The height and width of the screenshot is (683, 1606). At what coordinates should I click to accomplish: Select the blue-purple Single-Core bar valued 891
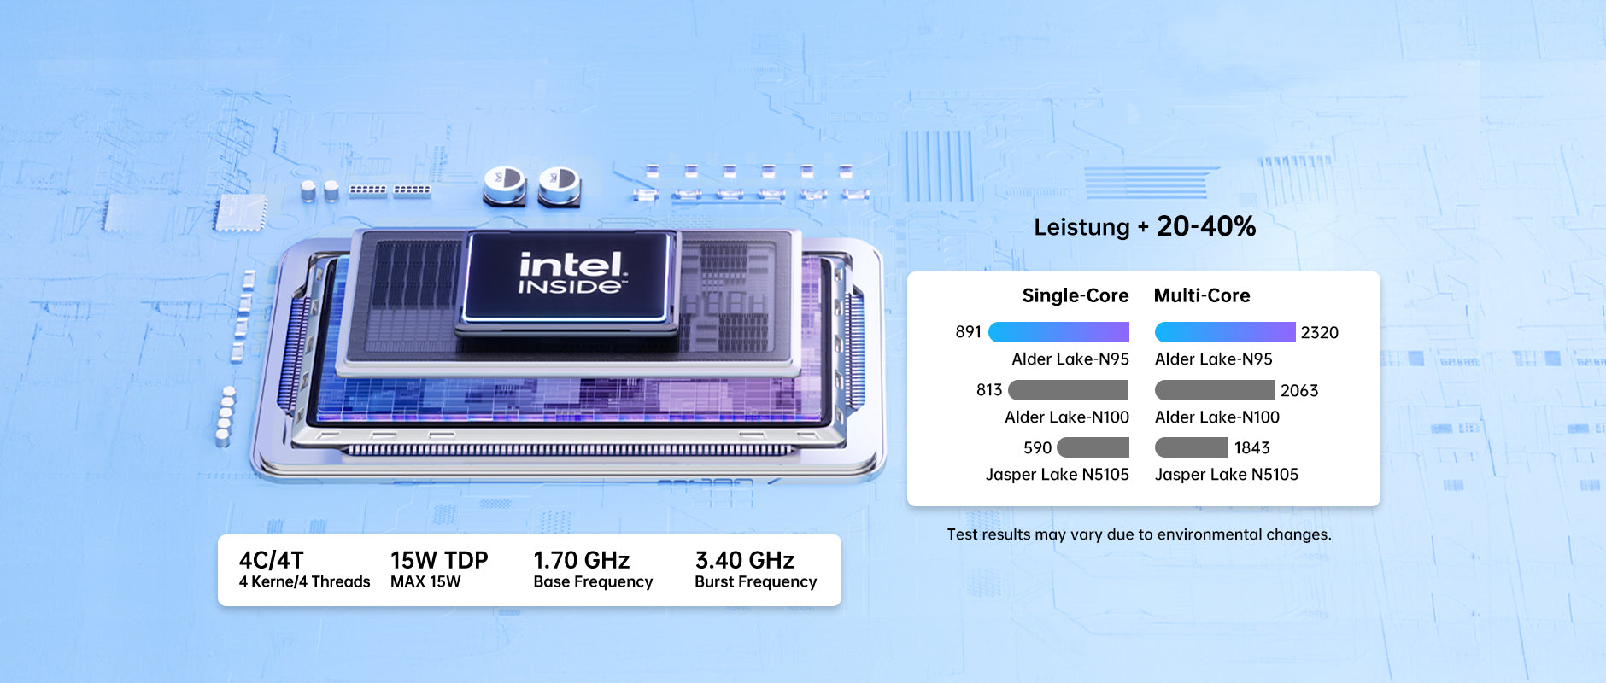pyautogui.click(x=1058, y=332)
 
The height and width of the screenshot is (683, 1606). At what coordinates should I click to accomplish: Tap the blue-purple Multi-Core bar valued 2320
pyautogui.click(x=1225, y=332)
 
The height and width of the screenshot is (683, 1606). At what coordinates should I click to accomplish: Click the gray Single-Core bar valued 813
pyautogui.click(x=1069, y=390)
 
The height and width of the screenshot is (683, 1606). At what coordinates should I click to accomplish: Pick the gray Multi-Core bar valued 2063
pyautogui.click(x=1215, y=390)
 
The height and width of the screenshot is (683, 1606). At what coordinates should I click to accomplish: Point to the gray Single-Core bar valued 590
pyautogui.click(x=1093, y=447)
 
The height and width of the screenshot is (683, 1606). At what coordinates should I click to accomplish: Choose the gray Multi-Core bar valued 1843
pyautogui.click(x=1191, y=447)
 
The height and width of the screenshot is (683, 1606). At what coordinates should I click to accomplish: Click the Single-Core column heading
pyautogui.click(x=1076, y=295)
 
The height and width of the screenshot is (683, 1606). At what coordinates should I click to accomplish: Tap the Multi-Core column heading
pyautogui.click(x=1202, y=295)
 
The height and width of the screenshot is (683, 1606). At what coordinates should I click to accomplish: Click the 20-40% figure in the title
pyautogui.click(x=1206, y=226)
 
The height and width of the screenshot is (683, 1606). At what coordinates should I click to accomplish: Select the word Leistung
pyautogui.click(x=1081, y=228)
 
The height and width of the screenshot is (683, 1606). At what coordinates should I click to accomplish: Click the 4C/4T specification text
pyautogui.click(x=271, y=560)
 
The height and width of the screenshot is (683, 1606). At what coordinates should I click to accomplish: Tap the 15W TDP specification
pyautogui.click(x=439, y=560)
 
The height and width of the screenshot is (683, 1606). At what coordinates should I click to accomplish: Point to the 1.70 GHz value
pyautogui.click(x=582, y=560)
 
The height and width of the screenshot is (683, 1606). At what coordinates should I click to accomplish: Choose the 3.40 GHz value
pyautogui.click(x=745, y=560)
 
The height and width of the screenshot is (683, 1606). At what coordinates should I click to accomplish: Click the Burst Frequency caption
pyautogui.click(x=756, y=582)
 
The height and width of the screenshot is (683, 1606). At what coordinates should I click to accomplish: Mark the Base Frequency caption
pyautogui.click(x=593, y=582)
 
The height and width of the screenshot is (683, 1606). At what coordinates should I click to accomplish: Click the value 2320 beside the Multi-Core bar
pyautogui.click(x=1320, y=333)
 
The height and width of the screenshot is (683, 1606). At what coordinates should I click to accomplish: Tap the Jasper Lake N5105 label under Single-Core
pyautogui.click(x=1058, y=475)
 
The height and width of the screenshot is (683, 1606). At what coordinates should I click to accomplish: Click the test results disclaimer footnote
pyautogui.click(x=1139, y=535)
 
